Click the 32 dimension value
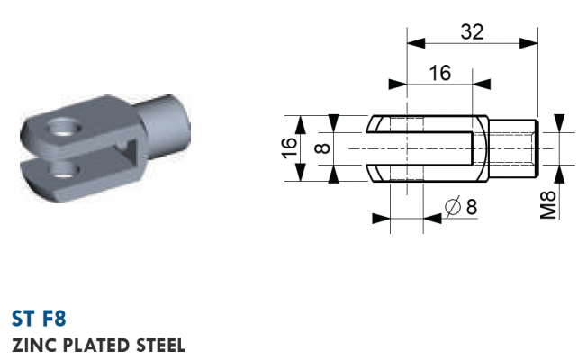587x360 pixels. [472, 31]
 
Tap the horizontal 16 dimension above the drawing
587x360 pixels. [440, 73]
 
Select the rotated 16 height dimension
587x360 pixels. [290, 148]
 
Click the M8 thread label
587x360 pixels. [549, 205]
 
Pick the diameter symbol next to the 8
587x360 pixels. [453, 207]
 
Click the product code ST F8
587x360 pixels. [39, 319]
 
